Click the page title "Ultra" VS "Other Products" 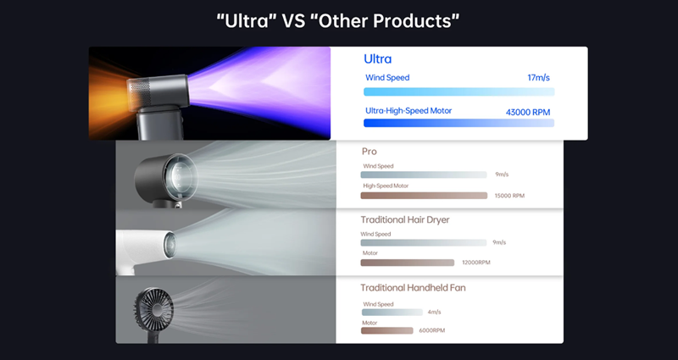338,19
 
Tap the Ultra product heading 377,59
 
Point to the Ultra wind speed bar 458,91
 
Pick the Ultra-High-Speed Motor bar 458,123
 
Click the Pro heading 369,152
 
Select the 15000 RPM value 509,196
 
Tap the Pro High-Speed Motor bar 424,196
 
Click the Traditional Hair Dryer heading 404,219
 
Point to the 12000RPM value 475,263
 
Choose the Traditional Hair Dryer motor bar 407,263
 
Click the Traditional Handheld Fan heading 413,288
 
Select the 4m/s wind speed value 436,313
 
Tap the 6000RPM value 431,330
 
